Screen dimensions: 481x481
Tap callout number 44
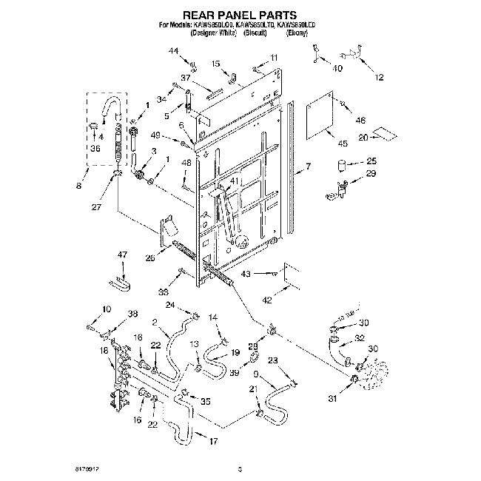pos(174,50)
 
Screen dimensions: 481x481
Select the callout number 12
pos(380,77)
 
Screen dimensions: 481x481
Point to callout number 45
pos(343,143)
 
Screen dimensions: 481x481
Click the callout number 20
pos(363,138)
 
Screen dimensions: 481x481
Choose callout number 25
pos(371,161)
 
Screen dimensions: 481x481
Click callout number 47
pos(123,255)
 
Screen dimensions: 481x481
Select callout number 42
pos(266,300)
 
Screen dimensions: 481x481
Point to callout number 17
pos(214,443)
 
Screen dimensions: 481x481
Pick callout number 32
pos(360,338)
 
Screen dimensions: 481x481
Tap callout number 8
pos(78,186)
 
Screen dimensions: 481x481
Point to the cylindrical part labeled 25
pos(343,164)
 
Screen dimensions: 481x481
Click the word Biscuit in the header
pos(254,34)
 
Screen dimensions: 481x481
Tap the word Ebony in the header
pos(296,34)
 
